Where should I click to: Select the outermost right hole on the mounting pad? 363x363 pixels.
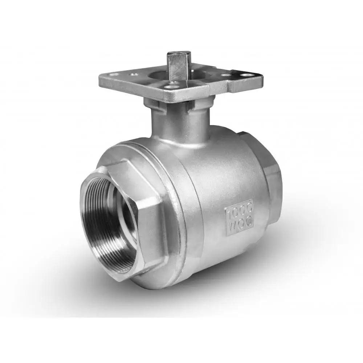[249, 77]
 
